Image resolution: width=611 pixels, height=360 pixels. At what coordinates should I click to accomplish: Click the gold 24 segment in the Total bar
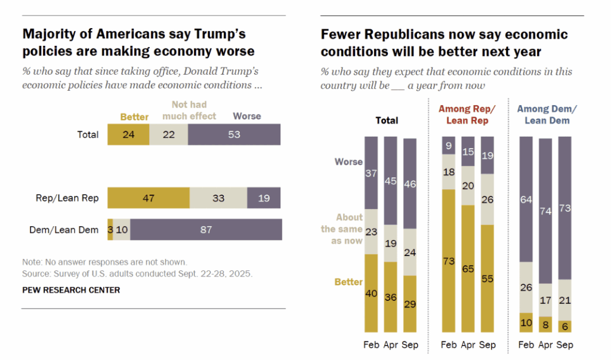128,134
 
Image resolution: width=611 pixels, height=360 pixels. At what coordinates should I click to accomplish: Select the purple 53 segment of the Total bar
234,134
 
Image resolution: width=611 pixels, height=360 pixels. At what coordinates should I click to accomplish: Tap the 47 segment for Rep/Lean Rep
148,198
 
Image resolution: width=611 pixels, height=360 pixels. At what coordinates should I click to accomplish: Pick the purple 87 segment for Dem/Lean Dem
206,229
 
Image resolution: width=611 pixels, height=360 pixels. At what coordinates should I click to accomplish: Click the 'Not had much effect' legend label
189,110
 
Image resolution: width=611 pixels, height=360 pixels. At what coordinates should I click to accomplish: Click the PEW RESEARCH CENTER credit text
71,290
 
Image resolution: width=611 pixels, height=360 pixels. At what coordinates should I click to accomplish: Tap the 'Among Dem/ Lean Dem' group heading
547,115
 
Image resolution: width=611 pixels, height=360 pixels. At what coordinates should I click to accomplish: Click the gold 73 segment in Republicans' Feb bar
449,260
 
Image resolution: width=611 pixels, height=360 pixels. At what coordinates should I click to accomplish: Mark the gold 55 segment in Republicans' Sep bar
487,278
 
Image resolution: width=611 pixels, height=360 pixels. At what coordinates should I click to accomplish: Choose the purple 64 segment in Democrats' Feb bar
526,199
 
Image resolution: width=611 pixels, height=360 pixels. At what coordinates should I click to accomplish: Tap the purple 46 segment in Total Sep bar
409,184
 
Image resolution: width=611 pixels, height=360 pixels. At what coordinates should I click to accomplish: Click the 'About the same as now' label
341,229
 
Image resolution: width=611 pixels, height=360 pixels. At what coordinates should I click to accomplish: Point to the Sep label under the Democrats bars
564,345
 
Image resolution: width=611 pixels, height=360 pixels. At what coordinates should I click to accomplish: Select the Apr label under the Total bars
390,345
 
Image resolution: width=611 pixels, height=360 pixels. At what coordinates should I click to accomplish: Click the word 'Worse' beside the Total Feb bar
348,162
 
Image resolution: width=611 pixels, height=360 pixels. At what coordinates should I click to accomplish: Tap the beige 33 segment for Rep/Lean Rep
218,198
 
